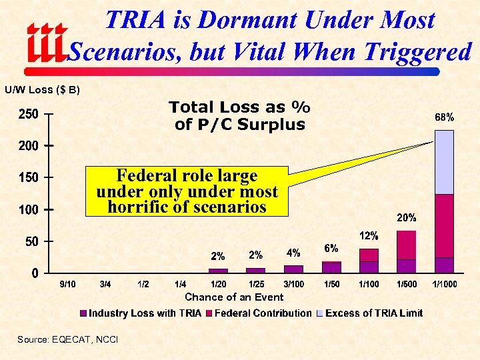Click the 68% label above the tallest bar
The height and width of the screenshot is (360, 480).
tap(445, 117)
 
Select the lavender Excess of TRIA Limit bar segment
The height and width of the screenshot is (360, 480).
tap(444, 162)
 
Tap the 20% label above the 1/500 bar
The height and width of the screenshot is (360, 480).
tap(407, 217)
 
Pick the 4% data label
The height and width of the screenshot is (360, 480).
tap(293, 253)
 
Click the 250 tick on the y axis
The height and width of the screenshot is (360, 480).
tap(27, 115)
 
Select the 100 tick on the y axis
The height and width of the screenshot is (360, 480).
tap(27, 210)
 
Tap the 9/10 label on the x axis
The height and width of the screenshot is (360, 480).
tap(67, 285)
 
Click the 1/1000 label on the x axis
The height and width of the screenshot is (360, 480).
tap(445, 285)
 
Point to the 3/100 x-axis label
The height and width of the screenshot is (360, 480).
tap(293, 285)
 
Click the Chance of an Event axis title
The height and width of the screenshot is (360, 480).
tap(234, 297)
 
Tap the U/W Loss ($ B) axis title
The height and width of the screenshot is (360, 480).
tap(43, 89)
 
